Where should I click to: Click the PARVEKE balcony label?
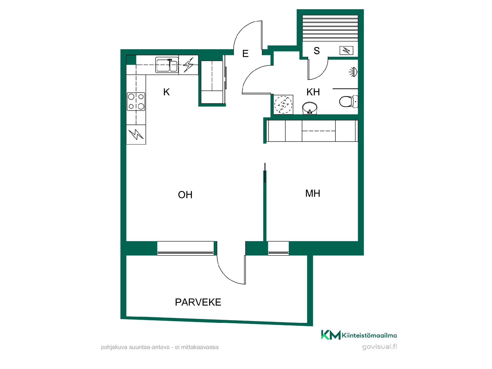(198, 302)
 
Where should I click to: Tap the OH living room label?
(185, 195)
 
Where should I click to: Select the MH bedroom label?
(313, 193)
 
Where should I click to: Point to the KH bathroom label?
(313, 92)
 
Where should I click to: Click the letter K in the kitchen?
(167, 92)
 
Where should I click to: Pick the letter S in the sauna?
(317, 51)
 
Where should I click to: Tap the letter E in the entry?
(245, 54)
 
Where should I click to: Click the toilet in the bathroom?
(348, 102)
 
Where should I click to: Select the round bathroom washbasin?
(310, 108)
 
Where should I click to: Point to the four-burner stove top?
(136, 101)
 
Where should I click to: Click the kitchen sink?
(167, 65)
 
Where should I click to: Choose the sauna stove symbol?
(346, 50)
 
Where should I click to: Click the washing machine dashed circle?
(283, 105)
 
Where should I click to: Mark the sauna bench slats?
(330, 28)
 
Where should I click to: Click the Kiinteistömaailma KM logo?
(359, 335)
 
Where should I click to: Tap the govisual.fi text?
(380, 347)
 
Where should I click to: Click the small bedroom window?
(278, 248)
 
